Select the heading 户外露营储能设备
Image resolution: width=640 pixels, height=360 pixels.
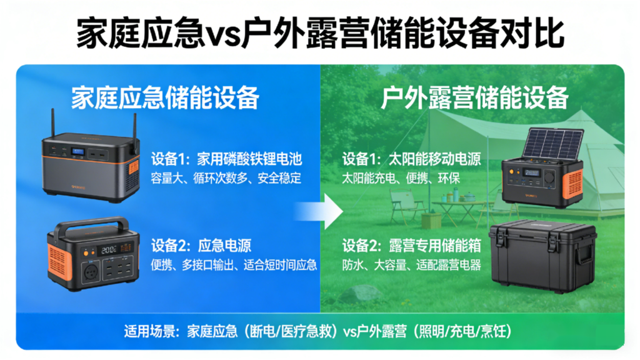[x=475, y=98]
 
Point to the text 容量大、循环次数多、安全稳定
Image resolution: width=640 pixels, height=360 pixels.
[x=226, y=178]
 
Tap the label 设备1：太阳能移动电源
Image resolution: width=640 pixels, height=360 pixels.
[x=411, y=159]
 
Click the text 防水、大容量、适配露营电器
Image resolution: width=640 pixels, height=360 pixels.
[x=411, y=264]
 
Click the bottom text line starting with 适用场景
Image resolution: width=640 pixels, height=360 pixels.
[x=320, y=331]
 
